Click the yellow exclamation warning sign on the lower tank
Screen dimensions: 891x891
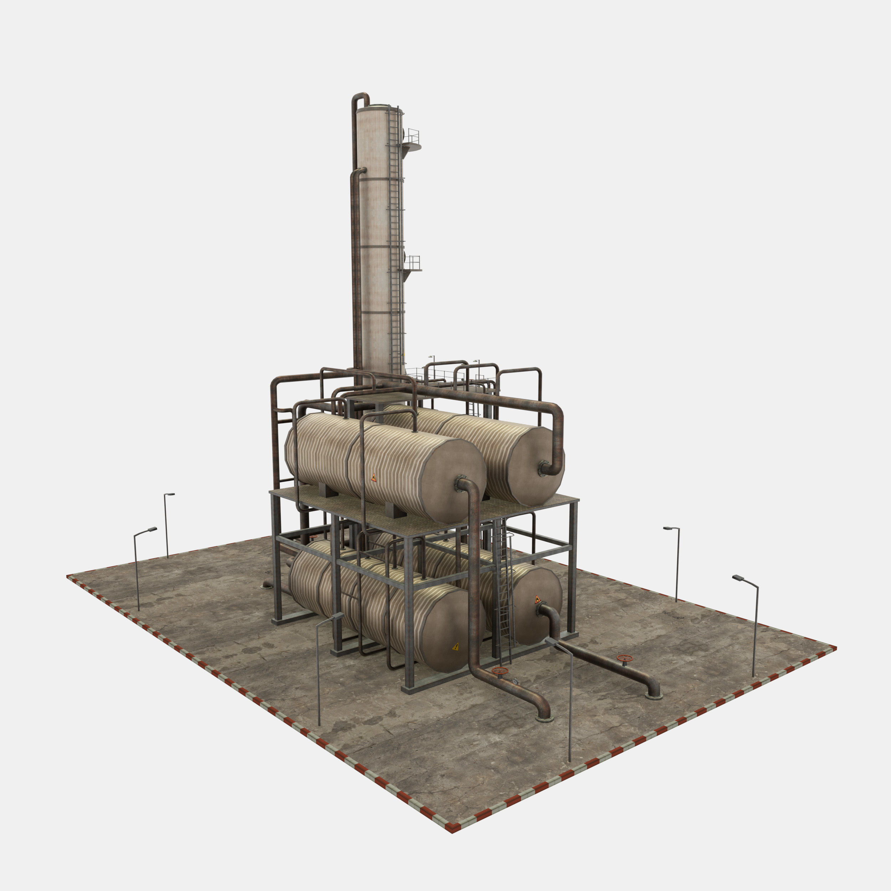click(455, 647)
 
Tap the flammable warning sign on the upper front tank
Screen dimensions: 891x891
click(374, 478)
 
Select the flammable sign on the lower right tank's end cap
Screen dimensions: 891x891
click(537, 600)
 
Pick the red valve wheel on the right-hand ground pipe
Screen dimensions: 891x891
click(624, 658)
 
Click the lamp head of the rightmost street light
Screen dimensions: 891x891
click(738, 578)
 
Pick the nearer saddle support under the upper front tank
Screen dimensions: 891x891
click(396, 510)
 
